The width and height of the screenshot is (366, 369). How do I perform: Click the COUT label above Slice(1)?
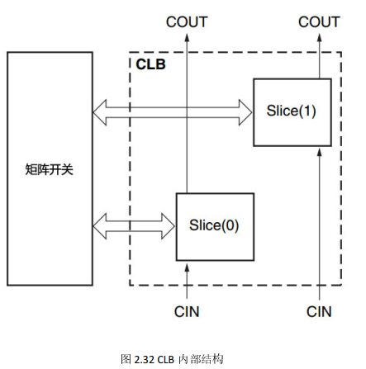319,21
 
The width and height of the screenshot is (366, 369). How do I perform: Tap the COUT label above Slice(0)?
187,21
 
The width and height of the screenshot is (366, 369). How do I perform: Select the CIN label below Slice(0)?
187,311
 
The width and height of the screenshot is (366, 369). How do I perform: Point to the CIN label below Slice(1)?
319,311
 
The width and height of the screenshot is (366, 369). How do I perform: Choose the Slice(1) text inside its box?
292,111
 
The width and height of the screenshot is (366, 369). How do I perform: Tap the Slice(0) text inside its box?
214,225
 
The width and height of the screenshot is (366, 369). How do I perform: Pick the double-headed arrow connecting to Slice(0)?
135,224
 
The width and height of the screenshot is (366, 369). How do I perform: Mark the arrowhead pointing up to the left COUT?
187,38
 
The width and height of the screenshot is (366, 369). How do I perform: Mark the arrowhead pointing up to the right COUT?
319,38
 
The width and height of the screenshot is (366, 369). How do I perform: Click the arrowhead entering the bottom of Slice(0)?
187,267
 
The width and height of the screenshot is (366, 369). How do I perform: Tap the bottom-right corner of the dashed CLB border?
341,285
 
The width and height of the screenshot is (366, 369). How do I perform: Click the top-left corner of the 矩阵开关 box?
7,53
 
